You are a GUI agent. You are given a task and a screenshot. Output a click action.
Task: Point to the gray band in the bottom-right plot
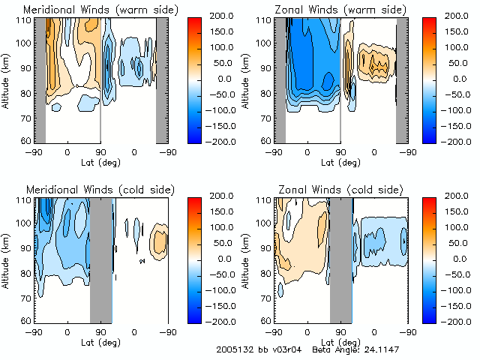point(341,259)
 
